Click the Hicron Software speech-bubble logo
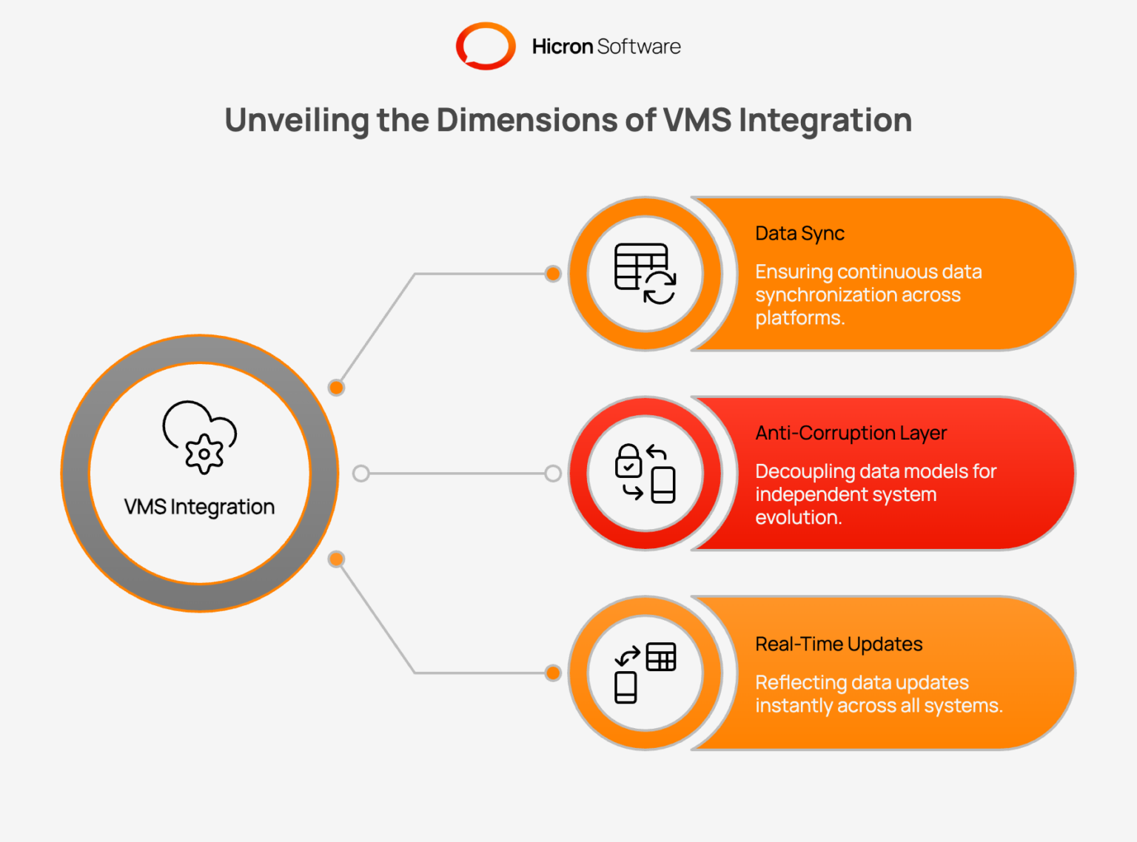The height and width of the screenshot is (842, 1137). [x=486, y=46]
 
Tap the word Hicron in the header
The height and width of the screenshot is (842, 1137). [x=562, y=47]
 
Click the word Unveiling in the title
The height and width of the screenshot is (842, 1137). [x=296, y=120]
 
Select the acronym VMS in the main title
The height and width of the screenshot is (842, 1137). [x=697, y=120]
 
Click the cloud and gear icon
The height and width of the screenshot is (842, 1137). [x=200, y=436]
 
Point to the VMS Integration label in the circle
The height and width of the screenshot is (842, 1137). [x=199, y=507]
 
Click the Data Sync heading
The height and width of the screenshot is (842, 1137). [x=799, y=234]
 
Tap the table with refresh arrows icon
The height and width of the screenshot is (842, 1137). [x=645, y=274]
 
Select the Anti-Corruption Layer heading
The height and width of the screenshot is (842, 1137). [x=851, y=434]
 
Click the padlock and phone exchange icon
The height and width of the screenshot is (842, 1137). [x=645, y=474]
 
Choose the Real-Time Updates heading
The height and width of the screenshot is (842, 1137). [x=839, y=644]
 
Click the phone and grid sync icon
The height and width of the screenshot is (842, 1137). [x=645, y=673]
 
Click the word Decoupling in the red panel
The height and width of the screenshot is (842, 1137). [x=805, y=472]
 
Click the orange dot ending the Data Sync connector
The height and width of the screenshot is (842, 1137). [x=552, y=274]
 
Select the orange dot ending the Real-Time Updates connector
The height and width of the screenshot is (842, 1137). [x=552, y=673]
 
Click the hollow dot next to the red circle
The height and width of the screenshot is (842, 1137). [x=552, y=474]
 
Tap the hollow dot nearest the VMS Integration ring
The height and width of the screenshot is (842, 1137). [x=360, y=474]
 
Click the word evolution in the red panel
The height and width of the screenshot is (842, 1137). [x=797, y=518]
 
